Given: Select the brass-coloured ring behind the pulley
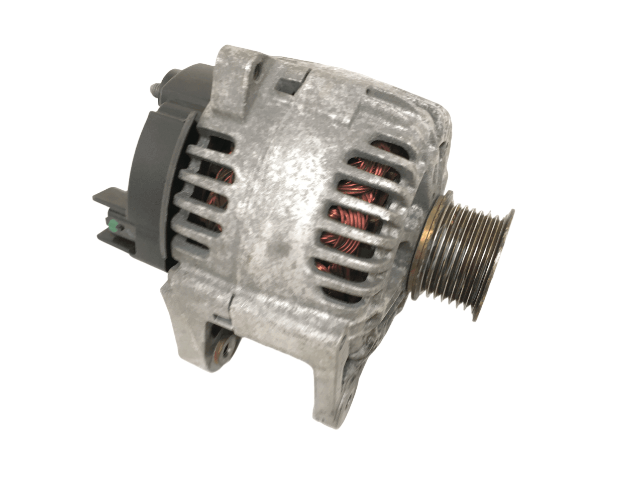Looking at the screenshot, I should pyautogui.click(x=421, y=251).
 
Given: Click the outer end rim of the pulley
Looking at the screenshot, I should pyautogui.click(x=497, y=264).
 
